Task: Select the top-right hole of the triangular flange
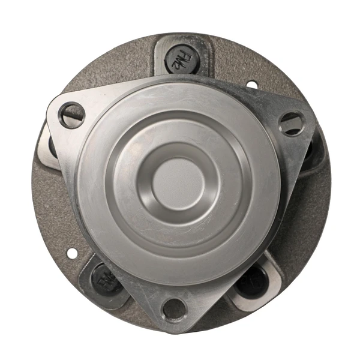tap(291, 124)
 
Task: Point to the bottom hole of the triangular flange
tap(174, 310)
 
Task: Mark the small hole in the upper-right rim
tap(252, 85)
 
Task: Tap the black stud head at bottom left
tap(103, 277)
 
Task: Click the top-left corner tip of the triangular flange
tap(51, 108)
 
